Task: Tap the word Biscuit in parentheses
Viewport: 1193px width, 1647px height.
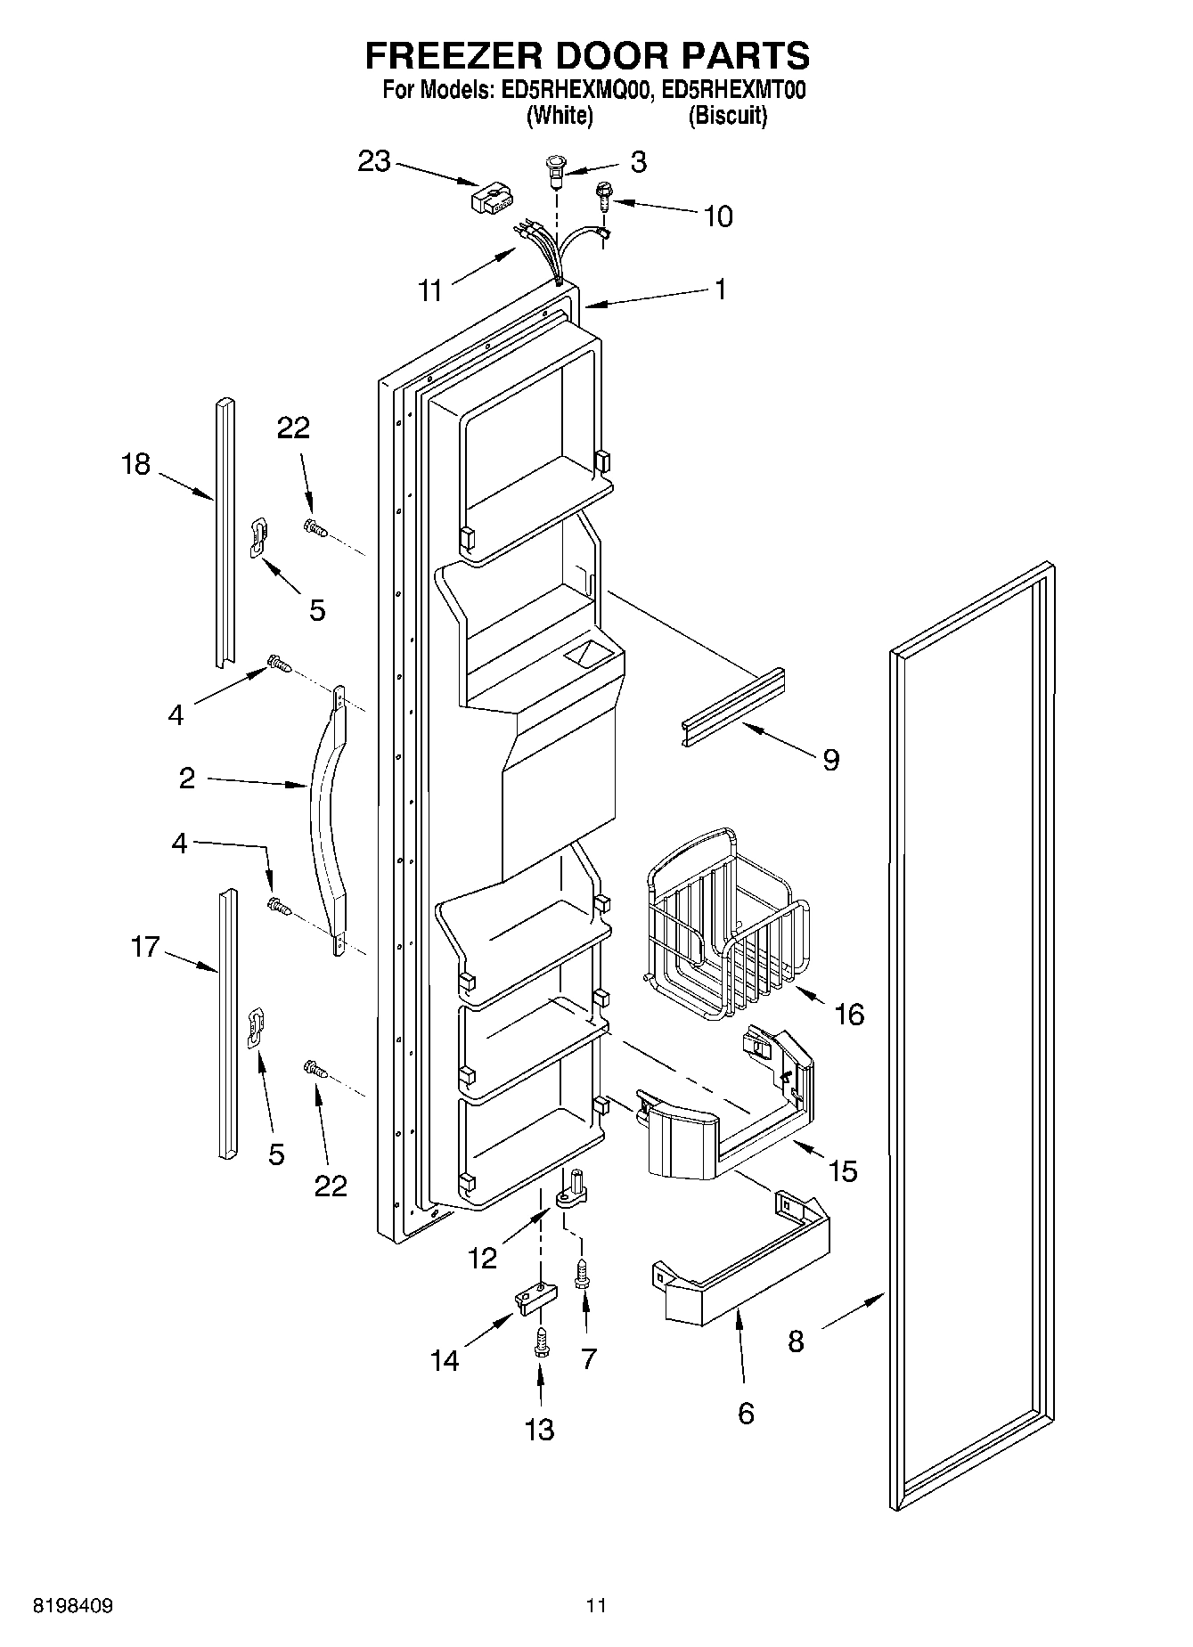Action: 727,116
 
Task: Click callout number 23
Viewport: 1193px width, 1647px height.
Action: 374,162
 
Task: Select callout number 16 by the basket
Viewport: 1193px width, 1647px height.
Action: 850,1014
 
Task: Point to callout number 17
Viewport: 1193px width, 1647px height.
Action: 144,947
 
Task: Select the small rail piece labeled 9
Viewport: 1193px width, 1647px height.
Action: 732,708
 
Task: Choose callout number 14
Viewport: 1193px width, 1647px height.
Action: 445,1360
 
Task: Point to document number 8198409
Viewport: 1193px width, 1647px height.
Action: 72,1606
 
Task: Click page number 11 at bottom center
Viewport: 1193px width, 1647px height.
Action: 595,1606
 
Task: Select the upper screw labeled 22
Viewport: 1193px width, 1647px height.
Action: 314,528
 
